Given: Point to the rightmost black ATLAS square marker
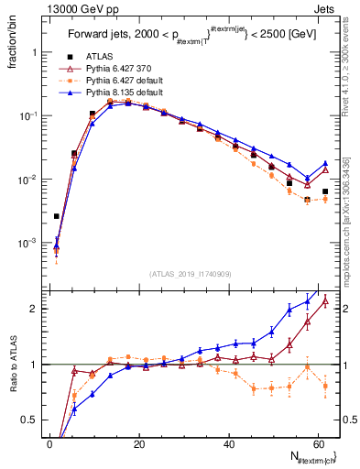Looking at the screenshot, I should [x=325, y=191].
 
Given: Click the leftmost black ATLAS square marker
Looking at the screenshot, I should [x=57, y=216].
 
